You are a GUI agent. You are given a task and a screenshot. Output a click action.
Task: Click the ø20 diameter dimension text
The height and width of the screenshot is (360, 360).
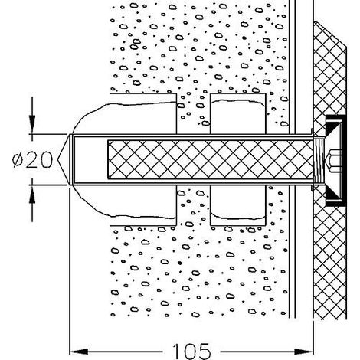coord(32,160)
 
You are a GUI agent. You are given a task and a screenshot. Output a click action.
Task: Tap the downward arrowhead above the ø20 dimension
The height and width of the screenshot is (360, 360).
coord(32,124)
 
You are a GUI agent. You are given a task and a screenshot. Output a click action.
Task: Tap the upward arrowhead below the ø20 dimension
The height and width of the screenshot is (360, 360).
coord(32,195)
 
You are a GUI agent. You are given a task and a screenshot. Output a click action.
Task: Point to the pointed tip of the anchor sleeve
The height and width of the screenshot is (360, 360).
coord(58,159)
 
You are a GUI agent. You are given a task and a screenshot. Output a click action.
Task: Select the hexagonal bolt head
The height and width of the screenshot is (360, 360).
coord(333,160)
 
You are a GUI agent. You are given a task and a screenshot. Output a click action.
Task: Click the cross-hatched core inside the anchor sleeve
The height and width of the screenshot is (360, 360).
coord(210,159)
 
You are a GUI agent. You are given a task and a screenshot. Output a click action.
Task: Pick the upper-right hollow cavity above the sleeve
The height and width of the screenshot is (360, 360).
coord(238,116)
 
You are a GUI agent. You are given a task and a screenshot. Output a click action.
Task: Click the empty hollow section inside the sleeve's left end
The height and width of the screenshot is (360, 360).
coord(90,159)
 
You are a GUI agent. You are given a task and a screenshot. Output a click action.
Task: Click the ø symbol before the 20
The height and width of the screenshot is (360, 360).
coord(18,160)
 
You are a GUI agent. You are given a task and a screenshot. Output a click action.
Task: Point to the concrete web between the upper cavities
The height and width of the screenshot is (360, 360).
coord(193,113)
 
